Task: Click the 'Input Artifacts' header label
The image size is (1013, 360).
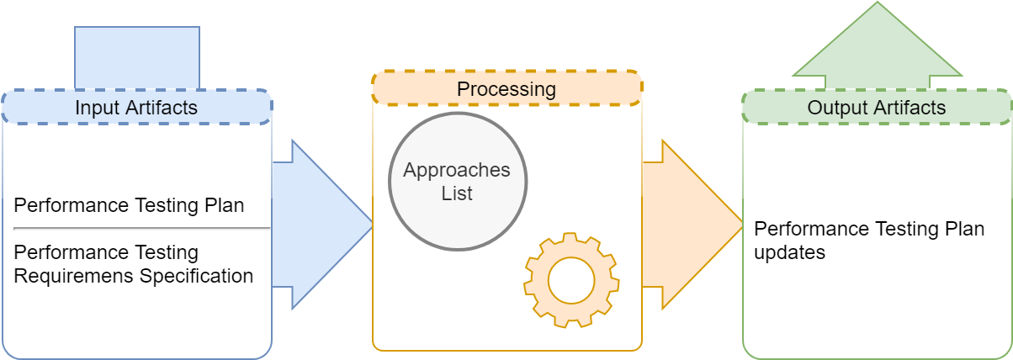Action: tap(136, 108)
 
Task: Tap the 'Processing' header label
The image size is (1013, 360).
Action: tap(506, 89)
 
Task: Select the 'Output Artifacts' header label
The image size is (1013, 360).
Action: tap(877, 108)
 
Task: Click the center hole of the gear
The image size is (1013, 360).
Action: tap(571, 280)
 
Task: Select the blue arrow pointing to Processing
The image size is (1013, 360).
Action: tap(322, 225)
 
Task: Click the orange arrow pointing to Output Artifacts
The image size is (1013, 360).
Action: tap(692, 225)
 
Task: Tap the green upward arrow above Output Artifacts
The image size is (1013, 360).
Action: tap(878, 45)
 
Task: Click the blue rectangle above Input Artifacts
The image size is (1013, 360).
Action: tap(137, 57)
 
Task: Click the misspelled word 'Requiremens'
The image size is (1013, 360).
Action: tap(74, 277)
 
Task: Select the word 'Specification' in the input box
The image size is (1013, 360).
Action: tap(196, 277)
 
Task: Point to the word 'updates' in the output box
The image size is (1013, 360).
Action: tap(789, 253)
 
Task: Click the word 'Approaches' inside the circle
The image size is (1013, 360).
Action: tap(457, 171)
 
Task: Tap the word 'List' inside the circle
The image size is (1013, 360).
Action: tap(457, 193)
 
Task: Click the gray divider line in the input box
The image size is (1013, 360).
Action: tap(141, 229)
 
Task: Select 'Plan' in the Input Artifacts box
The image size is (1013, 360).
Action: tap(225, 205)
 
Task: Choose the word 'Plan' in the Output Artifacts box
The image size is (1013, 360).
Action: tap(964, 229)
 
